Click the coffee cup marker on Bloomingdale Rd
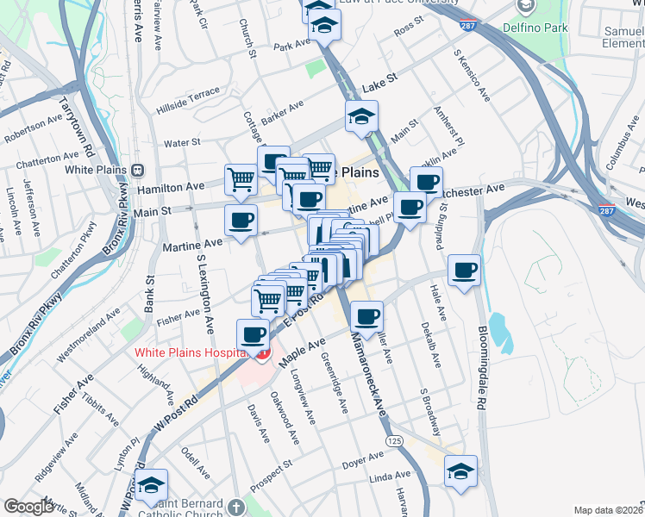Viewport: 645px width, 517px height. [465, 271]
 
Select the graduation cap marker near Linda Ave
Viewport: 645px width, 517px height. [460, 472]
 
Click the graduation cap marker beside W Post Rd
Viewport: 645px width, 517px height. [151, 486]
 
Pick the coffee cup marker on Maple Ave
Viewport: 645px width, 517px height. [367, 317]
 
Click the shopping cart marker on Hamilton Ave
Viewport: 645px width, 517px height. [241, 180]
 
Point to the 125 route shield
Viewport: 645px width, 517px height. [395, 441]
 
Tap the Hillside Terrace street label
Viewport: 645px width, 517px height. [188, 101]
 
